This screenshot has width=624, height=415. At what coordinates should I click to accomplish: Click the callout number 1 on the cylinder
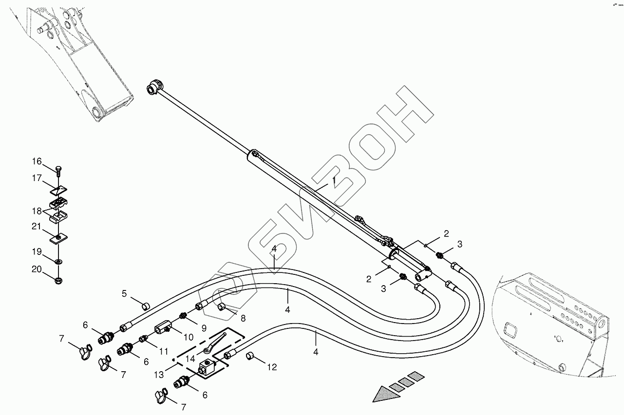tap(334, 180)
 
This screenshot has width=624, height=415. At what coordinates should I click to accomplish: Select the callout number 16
tap(38, 162)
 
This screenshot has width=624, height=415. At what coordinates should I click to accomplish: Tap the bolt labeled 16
tap(58, 170)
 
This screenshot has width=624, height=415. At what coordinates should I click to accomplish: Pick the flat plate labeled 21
tap(58, 237)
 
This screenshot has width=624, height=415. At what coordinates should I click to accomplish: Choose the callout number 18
tap(38, 211)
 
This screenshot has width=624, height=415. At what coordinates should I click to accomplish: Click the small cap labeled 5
tap(145, 306)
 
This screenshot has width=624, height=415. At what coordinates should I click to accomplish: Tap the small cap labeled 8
tap(222, 307)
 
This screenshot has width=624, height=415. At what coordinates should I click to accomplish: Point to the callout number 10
tap(189, 337)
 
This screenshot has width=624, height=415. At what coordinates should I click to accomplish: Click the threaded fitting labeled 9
tap(184, 316)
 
